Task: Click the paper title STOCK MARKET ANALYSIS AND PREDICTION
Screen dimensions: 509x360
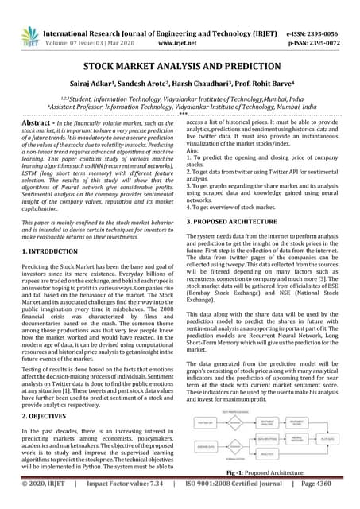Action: click(180, 69)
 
